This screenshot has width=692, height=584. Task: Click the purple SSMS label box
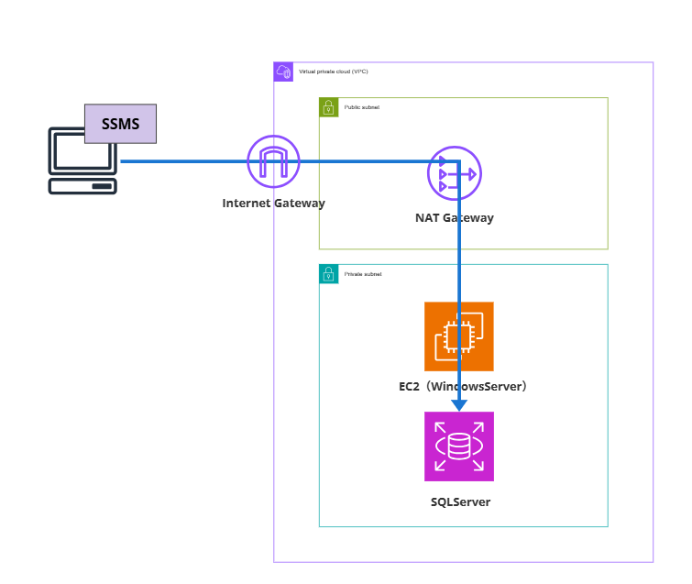click(120, 124)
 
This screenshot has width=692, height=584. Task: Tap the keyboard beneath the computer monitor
click(82, 185)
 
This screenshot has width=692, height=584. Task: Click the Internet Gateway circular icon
click(273, 162)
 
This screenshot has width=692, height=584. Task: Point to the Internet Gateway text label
click(273, 203)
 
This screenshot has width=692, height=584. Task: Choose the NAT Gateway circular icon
click(455, 173)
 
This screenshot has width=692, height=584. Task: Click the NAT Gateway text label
click(455, 218)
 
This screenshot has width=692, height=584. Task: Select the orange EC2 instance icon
click(458, 336)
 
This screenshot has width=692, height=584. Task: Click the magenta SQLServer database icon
click(458, 446)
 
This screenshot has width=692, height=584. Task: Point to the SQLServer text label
click(460, 501)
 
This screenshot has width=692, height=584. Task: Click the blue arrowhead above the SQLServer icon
click(459, 404)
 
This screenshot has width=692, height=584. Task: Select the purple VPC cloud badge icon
click(283, 72)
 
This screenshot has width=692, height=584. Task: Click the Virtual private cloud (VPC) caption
click(334, 72)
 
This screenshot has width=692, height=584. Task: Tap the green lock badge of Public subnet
click(328, 107)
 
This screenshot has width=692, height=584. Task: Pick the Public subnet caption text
click(362, 107)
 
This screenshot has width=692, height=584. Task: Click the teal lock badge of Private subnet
click(328, 274)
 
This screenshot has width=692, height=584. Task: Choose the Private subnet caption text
click(363, 274)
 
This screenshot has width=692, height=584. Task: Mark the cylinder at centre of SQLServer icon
click(458, 446)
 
